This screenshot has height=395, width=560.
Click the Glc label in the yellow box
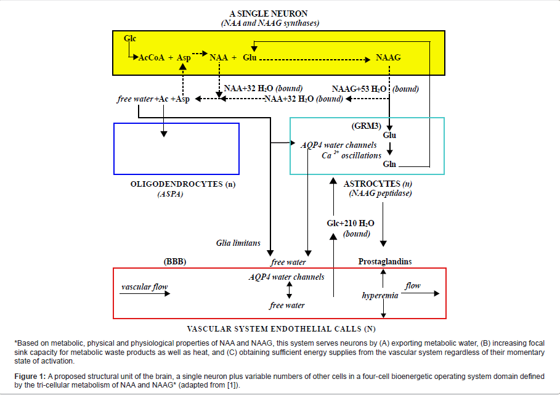[130, 38]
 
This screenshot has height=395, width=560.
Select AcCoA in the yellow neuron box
[152, 58]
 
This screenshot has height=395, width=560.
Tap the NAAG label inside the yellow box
[388, 58]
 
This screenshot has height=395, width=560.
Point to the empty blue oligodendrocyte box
[176, 149]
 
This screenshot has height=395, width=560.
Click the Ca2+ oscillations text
[352, 155]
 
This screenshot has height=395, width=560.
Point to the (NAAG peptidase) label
[380, 194]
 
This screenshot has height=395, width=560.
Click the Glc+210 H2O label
[349, 223]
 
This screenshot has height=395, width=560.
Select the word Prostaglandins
[385, 262]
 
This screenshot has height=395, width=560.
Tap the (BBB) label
[175, 262]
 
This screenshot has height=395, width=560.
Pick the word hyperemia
[380, 296]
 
